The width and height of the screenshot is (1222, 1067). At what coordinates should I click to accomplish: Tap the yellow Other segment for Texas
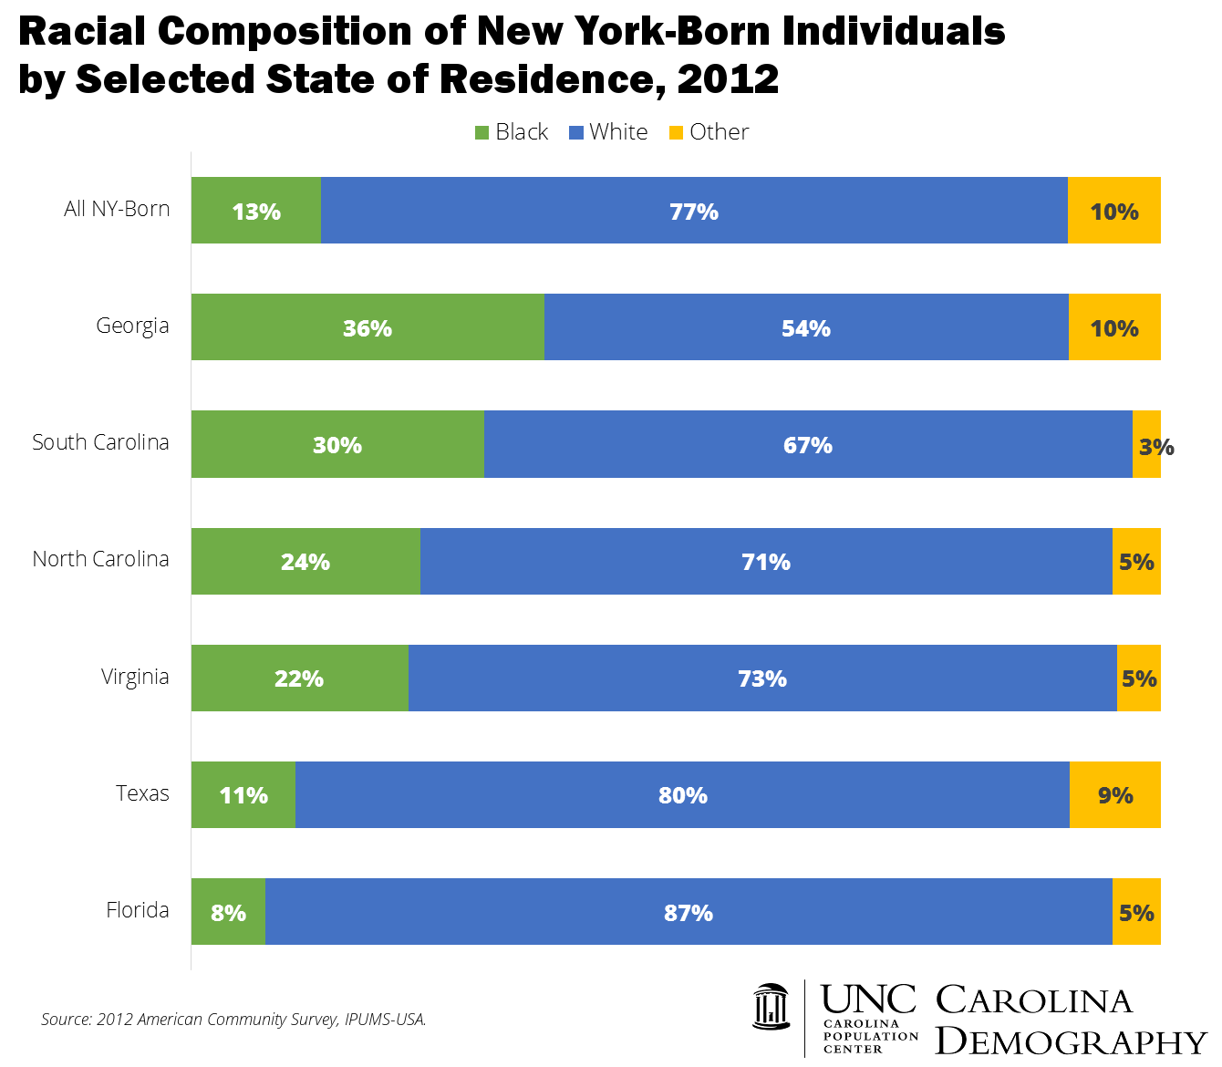[1114, 795]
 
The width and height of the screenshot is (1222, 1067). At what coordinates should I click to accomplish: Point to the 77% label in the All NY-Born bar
[694, 212]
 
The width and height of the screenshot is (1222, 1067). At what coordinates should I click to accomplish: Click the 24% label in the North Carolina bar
[305, 562]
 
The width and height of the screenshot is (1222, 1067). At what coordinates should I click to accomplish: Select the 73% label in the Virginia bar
[762, 679]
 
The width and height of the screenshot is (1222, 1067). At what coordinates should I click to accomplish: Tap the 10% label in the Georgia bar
[1114, 328]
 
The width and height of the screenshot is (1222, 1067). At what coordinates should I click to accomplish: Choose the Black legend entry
[513, 132]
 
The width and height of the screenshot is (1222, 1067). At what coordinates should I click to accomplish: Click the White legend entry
[608, 132]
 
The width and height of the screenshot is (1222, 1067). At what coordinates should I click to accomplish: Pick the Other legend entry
[709, 132]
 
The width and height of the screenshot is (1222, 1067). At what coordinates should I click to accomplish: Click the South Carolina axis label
[101, 442]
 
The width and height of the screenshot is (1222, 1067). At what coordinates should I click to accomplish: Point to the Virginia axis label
[135, 677]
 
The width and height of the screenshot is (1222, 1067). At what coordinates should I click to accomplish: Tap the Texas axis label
[142, 793]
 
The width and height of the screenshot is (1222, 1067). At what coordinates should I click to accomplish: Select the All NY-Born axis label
[117, 209]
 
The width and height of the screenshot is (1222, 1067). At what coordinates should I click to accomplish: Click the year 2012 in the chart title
[728, 79]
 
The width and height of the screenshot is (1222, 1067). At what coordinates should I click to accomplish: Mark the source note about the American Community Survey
[233, 1019]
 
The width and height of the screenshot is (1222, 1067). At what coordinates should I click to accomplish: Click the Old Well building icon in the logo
[772, 1006]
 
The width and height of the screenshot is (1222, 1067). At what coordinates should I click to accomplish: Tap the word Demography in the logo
[1072, 1041]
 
